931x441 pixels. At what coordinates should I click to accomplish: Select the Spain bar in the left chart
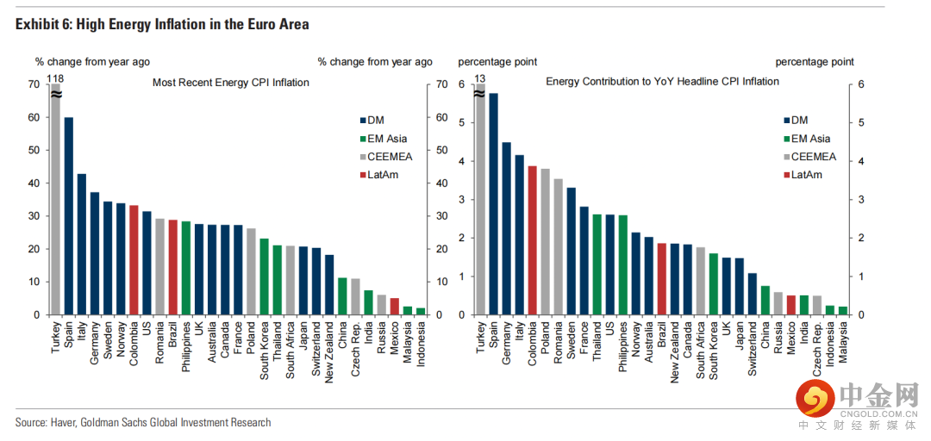68,216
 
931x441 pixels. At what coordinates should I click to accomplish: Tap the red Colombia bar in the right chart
532,240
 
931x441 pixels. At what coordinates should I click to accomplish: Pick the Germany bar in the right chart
507,228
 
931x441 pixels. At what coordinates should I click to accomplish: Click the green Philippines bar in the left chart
185,268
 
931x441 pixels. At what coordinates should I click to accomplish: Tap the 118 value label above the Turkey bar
55,78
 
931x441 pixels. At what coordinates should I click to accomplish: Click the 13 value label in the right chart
480,78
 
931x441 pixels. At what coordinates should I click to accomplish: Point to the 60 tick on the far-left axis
34,117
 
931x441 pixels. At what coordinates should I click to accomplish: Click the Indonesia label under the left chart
421,345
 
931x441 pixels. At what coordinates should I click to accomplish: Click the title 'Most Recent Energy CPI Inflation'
230,83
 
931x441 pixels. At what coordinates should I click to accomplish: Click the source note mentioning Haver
143,422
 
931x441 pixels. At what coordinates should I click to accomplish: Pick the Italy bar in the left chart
81,245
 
